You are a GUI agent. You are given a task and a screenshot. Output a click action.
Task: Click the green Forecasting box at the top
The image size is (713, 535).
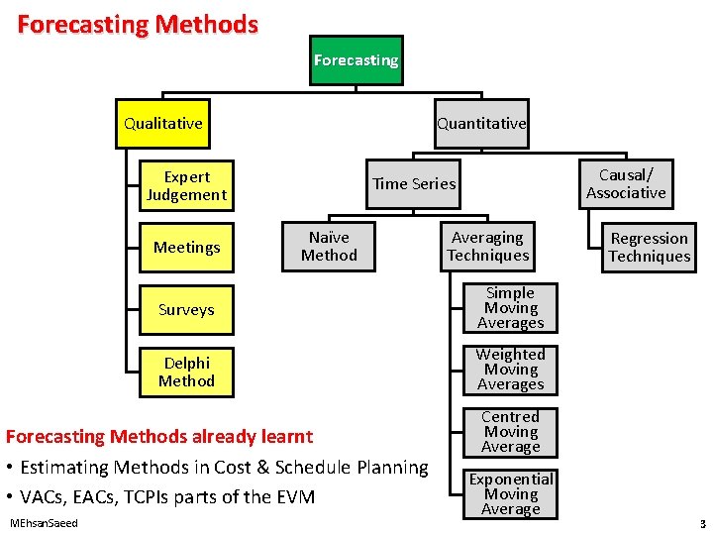click(x=356, y=60)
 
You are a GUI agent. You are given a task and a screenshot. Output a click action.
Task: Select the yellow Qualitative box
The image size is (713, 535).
click(x=163, y=124)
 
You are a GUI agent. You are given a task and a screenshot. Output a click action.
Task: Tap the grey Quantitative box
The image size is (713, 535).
click(x=481, y=124)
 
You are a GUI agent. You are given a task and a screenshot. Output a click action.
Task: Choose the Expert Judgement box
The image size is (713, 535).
click(x=186, y=186)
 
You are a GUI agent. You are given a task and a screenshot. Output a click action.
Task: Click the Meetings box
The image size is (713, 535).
click(x=186, y=247)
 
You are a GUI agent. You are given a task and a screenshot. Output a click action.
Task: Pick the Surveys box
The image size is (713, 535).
click(x=186, y=310)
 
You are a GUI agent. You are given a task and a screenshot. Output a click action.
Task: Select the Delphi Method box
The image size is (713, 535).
click(x=186, y=372)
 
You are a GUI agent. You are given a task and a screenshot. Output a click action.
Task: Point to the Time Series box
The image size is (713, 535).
click(x=414, y=183)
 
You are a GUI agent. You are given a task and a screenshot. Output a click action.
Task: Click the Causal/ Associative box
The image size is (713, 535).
click(x=626, y=184)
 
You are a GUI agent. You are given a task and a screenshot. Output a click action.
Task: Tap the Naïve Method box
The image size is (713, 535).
click(x=329, y=246)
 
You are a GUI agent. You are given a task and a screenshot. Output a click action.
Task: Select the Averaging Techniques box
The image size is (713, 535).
click(x=487, y=247)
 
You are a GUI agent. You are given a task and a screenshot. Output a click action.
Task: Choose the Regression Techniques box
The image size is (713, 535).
click(x=649, y=247)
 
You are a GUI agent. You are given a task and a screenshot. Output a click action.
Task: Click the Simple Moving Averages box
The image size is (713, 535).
click(x=510, y=308)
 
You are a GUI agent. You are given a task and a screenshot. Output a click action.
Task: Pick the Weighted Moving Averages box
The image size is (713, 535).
click(x=510, y=370)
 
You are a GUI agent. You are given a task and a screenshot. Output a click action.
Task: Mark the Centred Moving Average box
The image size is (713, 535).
click(x=510, y=432)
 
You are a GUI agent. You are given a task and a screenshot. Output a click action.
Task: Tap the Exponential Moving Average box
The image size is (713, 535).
click(x=510, y=493)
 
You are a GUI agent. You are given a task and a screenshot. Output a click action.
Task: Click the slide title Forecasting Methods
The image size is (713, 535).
click(x=138, y=24)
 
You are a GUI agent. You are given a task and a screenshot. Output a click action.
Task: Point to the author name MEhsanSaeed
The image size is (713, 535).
click(x=43, y=522)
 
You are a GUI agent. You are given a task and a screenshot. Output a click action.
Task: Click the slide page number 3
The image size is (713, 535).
click(x=701, y=523)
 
